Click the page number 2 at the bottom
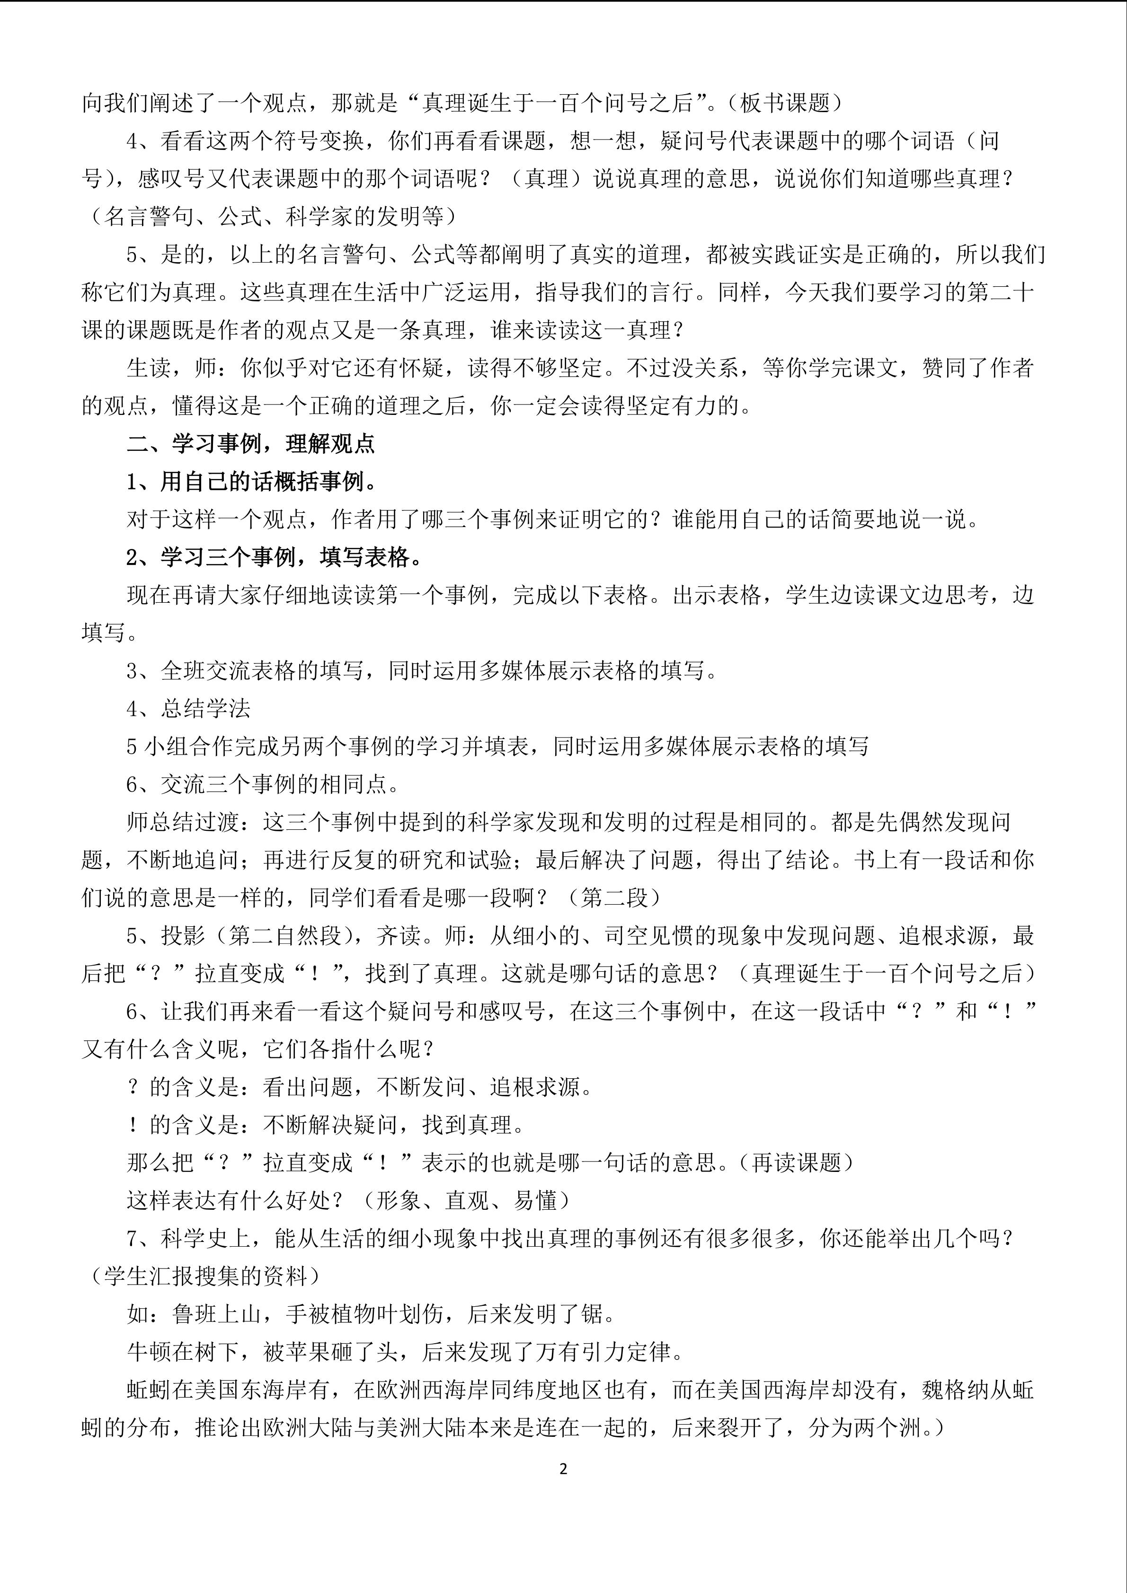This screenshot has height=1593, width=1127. (x=563, y=1469)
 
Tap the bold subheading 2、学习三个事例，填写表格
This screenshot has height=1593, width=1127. (x=274, y=557)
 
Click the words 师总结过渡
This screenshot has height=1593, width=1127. (x=183, y=822)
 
